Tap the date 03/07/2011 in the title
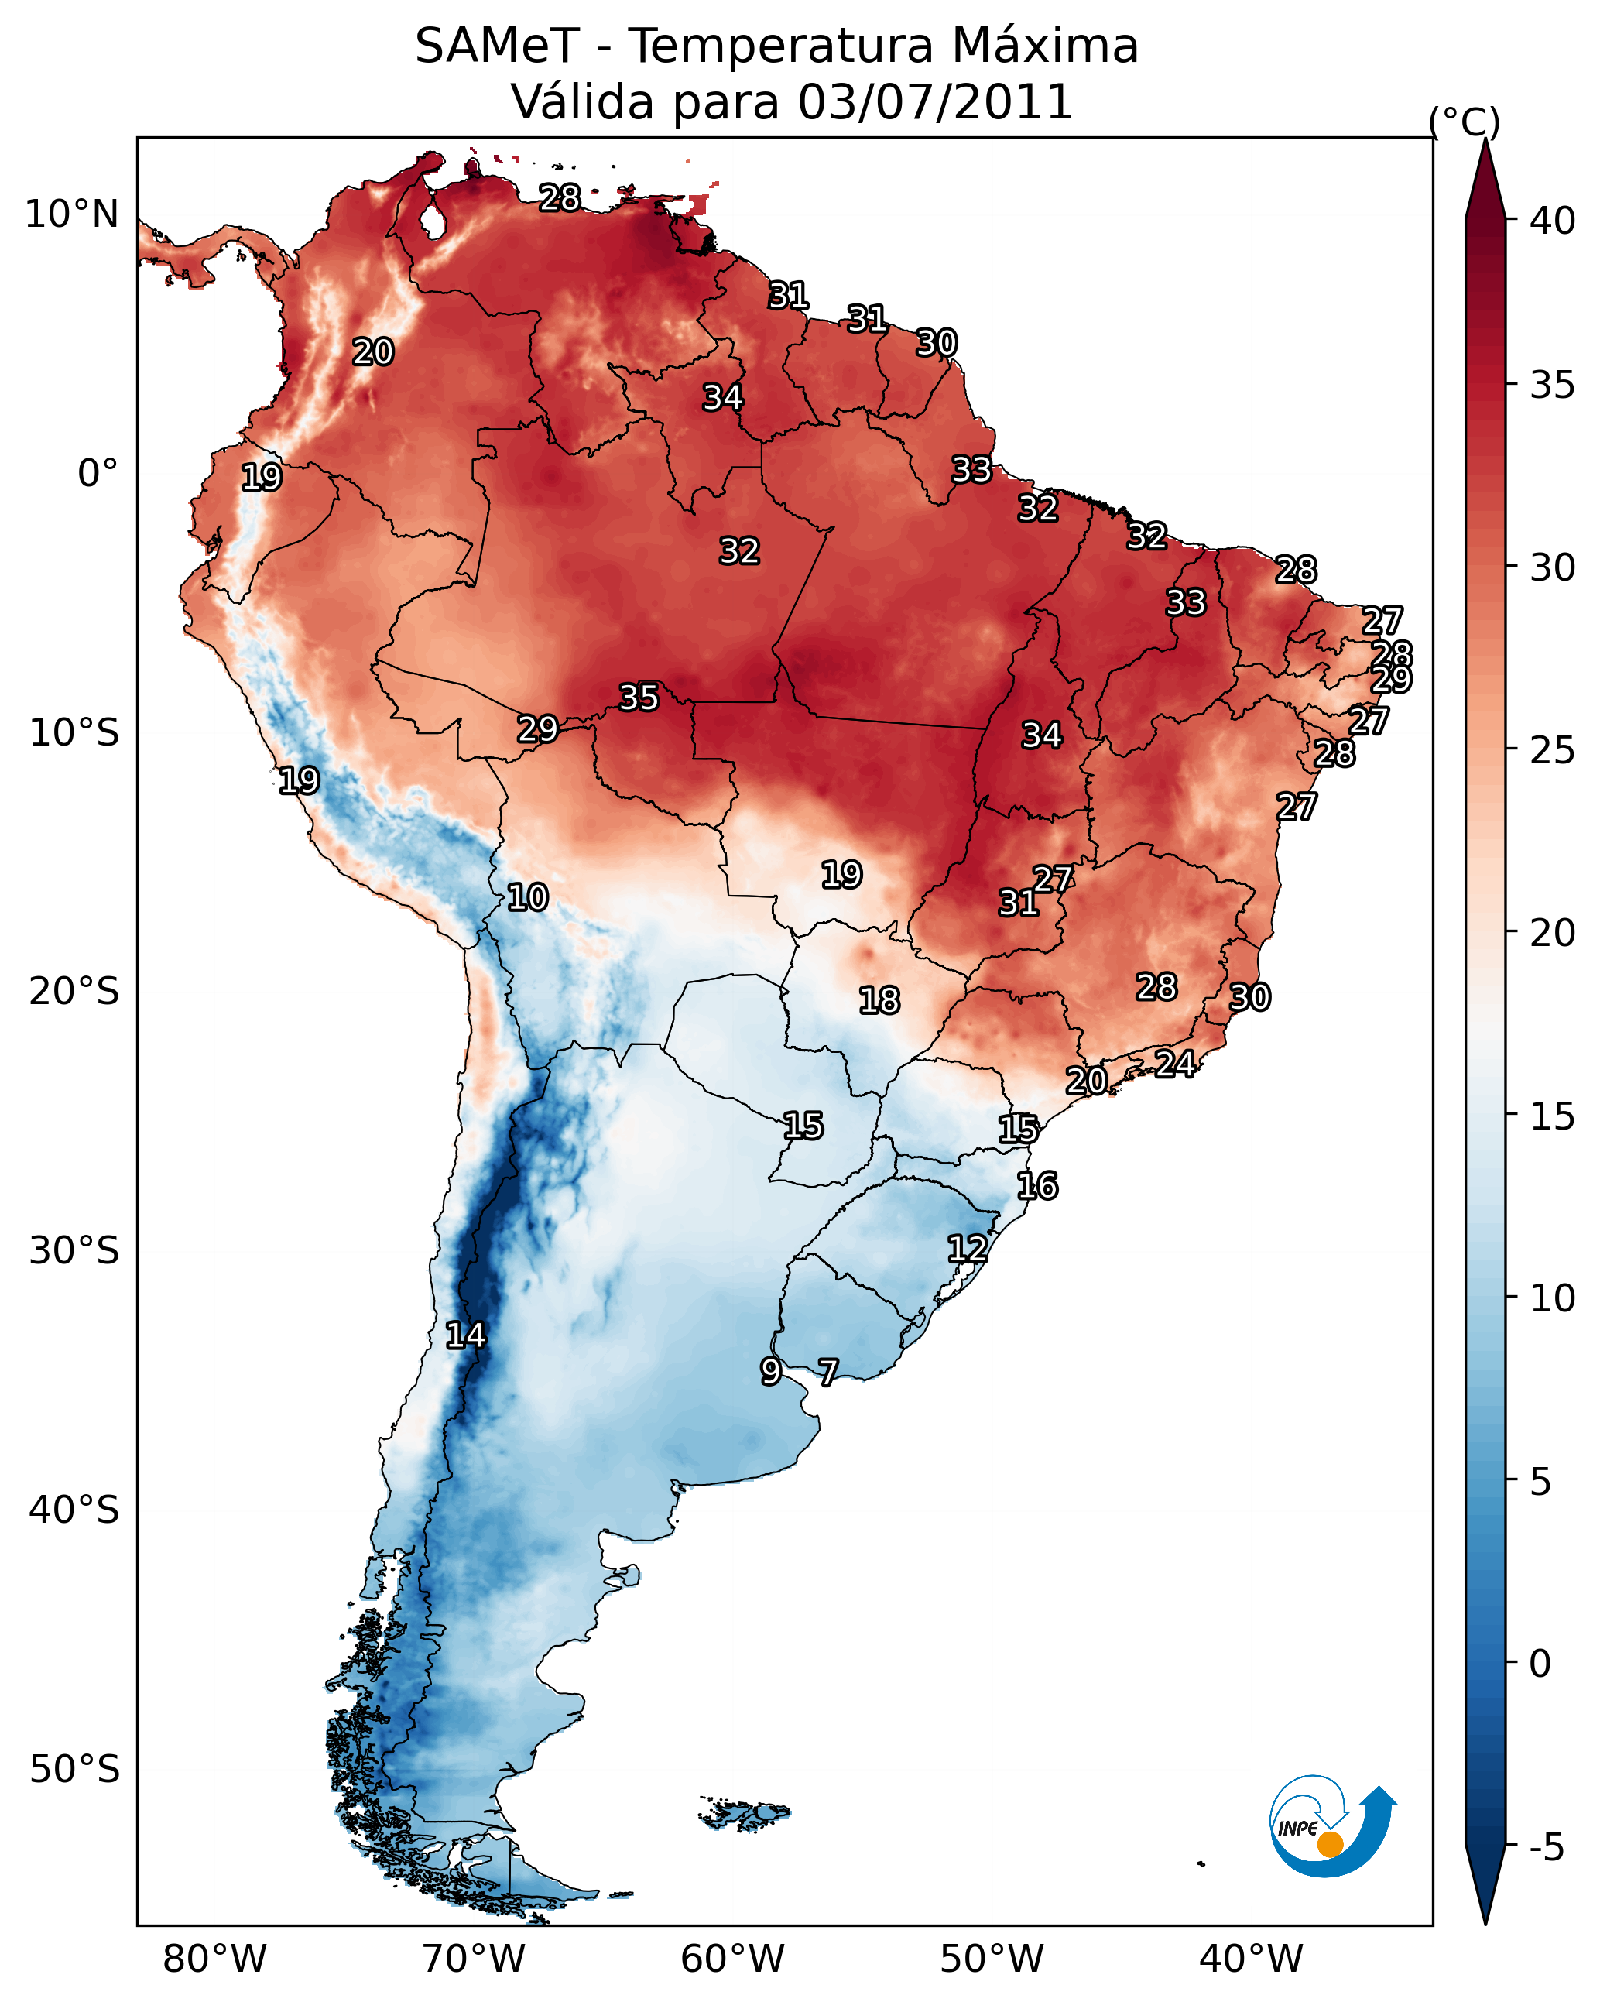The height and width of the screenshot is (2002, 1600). click(934, 101)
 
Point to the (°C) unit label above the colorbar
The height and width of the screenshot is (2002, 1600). click(1464, 122)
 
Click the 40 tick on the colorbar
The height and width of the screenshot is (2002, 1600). click(1552, 221)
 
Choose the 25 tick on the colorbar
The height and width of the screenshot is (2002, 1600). click(1552, 749)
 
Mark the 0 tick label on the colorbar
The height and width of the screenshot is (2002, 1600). click(1540, 1663)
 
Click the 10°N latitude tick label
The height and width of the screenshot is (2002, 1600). click(71, 214)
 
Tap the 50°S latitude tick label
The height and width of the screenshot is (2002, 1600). click(74, 1770)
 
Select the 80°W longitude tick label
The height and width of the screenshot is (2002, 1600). click(214, 1959)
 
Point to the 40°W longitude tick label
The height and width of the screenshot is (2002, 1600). click(1251, 1959)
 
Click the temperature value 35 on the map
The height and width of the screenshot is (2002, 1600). click(639, 698)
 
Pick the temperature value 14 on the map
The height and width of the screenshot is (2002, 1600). click(465, 1335)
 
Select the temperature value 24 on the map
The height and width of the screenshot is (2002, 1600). click(1175, 1063)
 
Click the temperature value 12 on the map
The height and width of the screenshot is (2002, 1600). click(967, 1248)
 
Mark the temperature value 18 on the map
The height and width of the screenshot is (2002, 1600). click(879, 1000)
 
